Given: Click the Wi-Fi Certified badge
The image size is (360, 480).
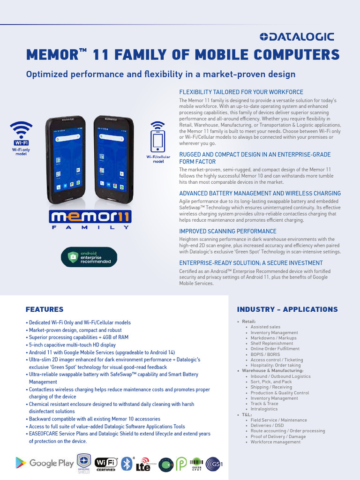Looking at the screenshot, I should (x=105, y=464).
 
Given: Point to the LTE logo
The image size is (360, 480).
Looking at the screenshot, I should (x=143, y=464).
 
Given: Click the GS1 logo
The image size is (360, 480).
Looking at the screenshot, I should (x=214, y=464).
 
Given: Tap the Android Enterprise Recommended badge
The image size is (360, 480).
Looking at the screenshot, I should (x=89, y=257).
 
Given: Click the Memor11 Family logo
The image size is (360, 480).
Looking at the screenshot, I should (x=90, y=219).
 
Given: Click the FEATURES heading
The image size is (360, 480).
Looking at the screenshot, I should (x=45, y=309).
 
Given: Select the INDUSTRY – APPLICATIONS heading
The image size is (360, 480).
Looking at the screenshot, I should (x=287, y=309).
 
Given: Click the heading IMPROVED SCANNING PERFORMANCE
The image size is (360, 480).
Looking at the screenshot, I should (x=228, y=231).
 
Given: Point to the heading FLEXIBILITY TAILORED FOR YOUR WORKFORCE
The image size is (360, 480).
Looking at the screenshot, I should (x=241, y=92).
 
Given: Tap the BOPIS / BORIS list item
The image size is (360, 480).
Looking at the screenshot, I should (x=265, y=354).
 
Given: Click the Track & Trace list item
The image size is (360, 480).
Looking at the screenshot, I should (x=264, y=404).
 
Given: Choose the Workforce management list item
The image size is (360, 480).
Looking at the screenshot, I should (x=276, y=442).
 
